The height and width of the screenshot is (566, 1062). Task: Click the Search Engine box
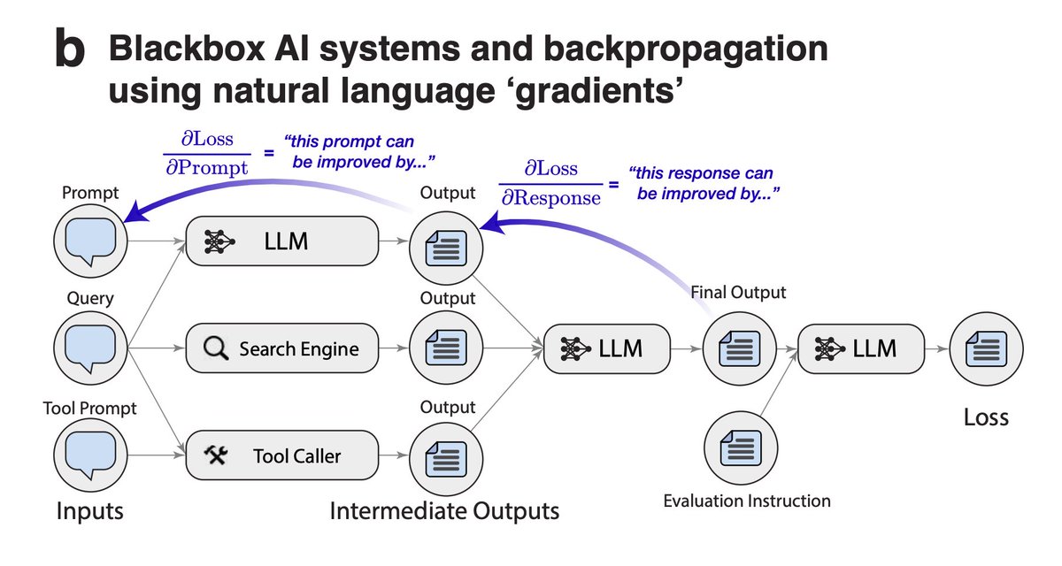pyautogui.click(x=282, y=348)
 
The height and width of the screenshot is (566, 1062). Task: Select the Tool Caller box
pyautogui.click(x=282, y=455)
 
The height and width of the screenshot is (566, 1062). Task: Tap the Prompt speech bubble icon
pyautogui.click(x=90, y=241)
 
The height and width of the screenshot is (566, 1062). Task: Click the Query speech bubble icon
pyautogui.click(x=90, y=348)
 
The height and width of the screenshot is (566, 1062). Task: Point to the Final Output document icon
pyautogui.click(x=738, y=348)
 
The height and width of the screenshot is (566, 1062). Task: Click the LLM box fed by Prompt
pyautogui.click(x=282, y=241)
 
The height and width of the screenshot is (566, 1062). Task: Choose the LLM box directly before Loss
pyautogui.click(x=861, y=348)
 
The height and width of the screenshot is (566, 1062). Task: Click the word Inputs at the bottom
pyautogui.click(x=90, y=511)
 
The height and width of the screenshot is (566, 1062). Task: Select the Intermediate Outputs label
pyautogui.click(x=444, y=511)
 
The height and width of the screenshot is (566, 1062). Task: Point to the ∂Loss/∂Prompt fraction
pyautogui.click(x=206, y=156)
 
